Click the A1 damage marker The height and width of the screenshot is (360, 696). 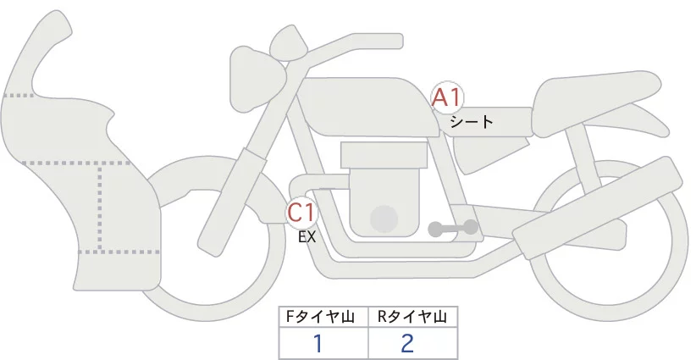(446, 98)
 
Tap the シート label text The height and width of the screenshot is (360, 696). (472, 121)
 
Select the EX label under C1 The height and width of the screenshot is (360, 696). (307, 237)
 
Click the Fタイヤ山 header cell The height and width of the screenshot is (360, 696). (324, 316)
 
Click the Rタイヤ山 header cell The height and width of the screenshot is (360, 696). (413, 316)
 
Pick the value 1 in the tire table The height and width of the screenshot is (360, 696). (318, 343)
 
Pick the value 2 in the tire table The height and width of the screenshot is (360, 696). (408, 343)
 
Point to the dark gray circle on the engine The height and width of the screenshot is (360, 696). (385, 219)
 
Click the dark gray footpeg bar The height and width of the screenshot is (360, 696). (453, 228)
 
